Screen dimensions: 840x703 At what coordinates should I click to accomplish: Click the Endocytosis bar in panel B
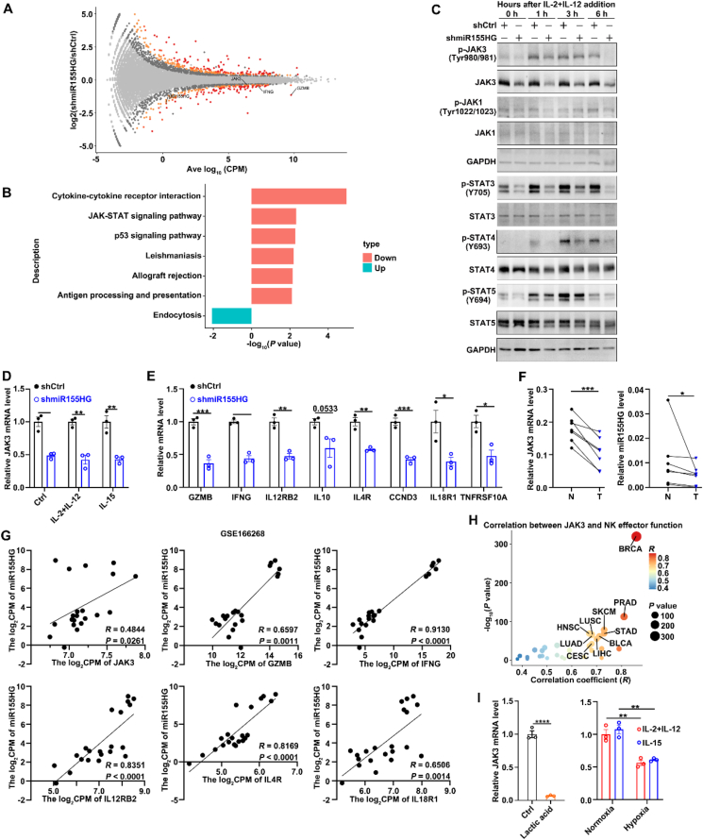pos(231,316)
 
